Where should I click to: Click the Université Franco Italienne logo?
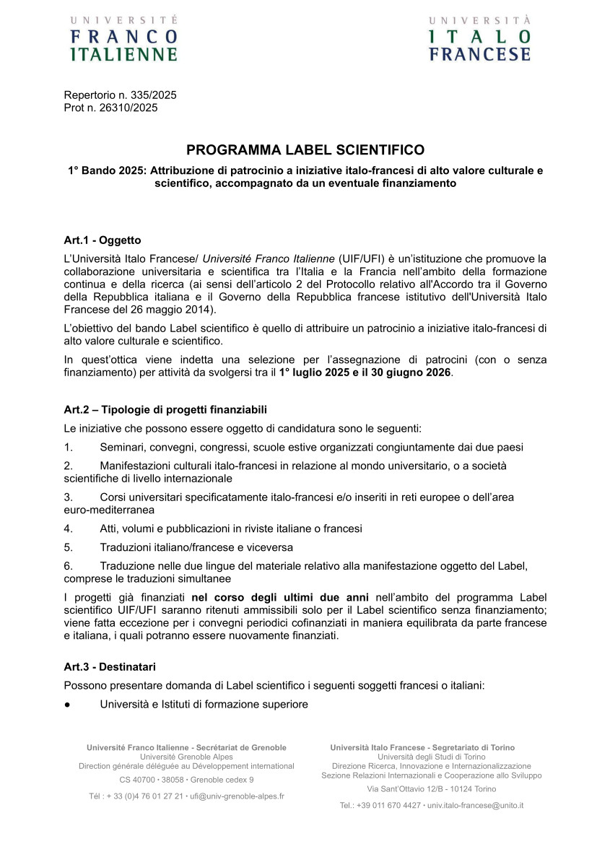(123, 38)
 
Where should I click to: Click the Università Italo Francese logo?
(479, 38)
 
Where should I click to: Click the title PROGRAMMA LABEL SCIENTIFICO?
(305, 150)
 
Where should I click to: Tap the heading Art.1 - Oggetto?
(103, 240)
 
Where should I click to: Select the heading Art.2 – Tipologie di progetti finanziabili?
(165, 409)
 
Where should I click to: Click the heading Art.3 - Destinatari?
(110, 666)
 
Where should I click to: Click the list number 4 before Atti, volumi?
(69, 528)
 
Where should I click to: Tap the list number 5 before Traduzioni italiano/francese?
(69, 547)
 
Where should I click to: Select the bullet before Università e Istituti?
(67, 704)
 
